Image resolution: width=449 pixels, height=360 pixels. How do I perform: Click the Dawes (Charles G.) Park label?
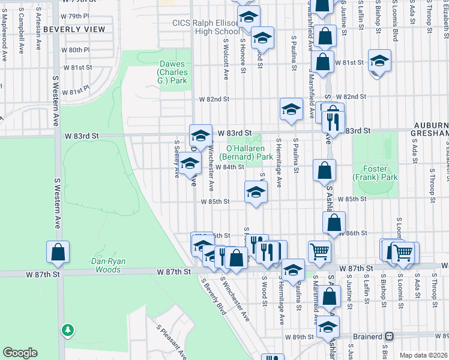[x=173, y=73]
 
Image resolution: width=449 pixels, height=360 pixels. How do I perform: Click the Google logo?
[x=20, y=352]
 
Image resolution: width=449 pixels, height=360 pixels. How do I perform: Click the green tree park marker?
[x=68, y=330]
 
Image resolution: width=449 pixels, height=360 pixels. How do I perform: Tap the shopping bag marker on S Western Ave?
[x=58, y=253]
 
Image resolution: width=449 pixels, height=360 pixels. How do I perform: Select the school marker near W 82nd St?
[x=291, y=109]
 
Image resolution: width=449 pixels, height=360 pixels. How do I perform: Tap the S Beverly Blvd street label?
[x=214, y=298]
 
